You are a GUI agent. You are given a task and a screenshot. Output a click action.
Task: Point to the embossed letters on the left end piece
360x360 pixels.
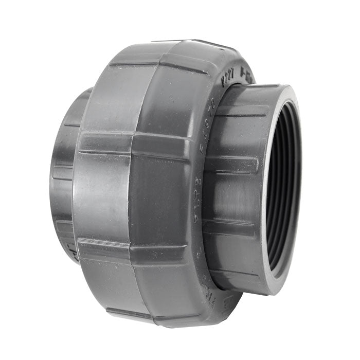tap(72, 252)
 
